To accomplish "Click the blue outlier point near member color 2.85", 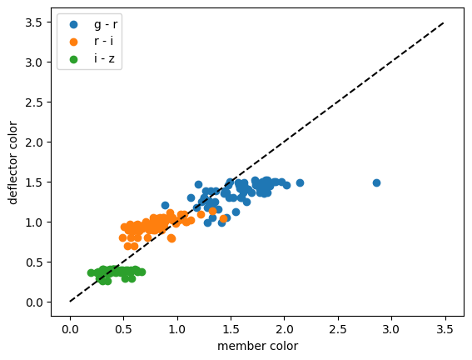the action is [376, 182].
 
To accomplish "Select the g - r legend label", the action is [106, 24].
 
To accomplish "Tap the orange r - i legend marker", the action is [73, 42].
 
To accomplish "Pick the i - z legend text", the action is [104, 58].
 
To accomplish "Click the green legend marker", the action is [73, 59].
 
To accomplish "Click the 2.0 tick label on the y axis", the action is [33, 142].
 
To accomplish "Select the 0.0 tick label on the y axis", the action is [33, 302].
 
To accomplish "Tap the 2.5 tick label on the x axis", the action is [338, 329].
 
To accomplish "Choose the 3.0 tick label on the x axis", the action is [391, 329].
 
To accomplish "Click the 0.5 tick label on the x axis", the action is [123, 329].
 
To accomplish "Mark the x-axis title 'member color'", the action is [258, 346].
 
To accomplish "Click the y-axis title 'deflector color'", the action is [12, 162].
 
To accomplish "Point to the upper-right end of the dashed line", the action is [445, 22].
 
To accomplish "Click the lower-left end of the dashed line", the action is [70, 302].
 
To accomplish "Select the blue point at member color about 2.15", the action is [300, 182].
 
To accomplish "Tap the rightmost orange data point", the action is [223, 218].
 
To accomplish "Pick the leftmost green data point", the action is [92, 272].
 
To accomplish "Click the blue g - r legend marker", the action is [73, 24].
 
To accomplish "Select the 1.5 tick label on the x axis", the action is [231, 329].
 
